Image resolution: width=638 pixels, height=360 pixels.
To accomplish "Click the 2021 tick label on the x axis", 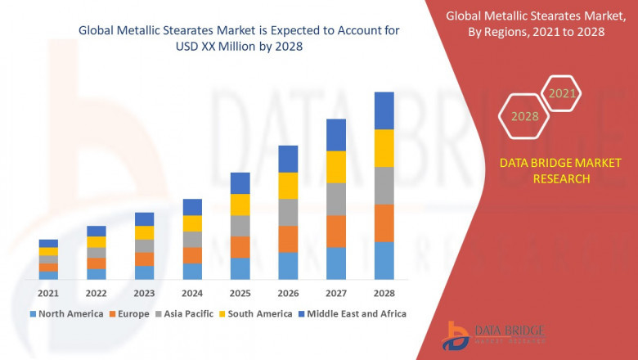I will coord(48,293).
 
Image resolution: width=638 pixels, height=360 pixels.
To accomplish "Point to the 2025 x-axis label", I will coord(240,293).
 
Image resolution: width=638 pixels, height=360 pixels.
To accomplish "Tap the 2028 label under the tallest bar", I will coord(384,293).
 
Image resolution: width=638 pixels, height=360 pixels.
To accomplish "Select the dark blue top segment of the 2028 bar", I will coord(384,110).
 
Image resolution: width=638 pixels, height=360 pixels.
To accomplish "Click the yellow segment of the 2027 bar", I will coord(336,167).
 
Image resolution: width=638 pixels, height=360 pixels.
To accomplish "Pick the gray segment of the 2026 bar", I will coord(288,212).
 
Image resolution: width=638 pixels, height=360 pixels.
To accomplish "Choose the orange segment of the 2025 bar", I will coord(240,247).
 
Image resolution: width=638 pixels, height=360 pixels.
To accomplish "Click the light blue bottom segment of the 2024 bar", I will coord(192,272).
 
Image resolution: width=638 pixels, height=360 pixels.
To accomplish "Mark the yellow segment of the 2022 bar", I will coord(97,241).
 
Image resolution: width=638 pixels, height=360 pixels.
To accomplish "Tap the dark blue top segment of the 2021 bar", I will coord(48,243).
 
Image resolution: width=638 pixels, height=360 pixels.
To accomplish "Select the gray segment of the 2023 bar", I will coord(144,245).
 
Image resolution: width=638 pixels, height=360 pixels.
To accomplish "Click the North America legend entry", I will coord(67,313).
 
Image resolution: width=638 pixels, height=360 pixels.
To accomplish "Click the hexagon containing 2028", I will coord(524,116).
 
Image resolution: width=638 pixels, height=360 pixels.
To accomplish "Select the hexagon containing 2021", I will coord(562,93).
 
